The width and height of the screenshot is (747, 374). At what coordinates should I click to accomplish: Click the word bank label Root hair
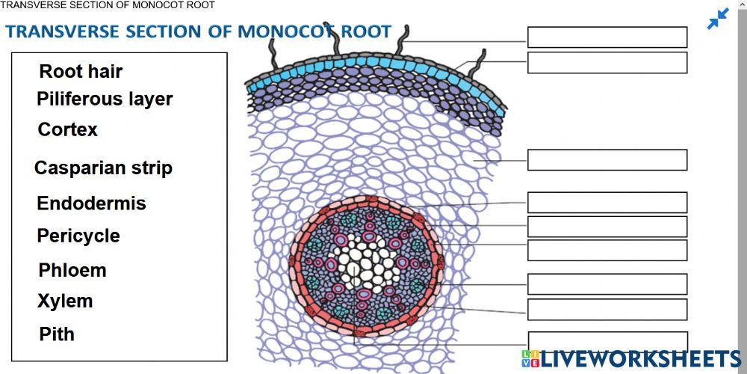(81, 72)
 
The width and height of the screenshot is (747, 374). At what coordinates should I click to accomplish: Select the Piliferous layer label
(105, 99)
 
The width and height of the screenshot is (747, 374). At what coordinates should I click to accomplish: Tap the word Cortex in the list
(68, 129)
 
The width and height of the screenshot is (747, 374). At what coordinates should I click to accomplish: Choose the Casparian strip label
(103, 168)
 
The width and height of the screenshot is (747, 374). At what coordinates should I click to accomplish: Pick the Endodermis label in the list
(91, 203)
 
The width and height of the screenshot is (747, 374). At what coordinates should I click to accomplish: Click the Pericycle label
(78, 236)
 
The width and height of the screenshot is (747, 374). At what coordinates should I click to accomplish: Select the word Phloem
(72, 270)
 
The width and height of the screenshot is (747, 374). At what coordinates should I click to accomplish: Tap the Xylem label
(65, 301)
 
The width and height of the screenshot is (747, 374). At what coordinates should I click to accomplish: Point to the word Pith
(57, 334)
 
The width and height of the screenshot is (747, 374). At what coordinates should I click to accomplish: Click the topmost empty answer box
(607, 37)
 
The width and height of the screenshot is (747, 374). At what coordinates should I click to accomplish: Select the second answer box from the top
(607, 63)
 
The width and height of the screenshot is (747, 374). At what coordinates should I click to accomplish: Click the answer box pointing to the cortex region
(607, 160)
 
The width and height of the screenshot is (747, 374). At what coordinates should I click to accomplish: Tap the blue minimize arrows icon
(718, 19)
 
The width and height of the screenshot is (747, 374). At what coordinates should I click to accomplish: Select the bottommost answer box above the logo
(607, 340)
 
